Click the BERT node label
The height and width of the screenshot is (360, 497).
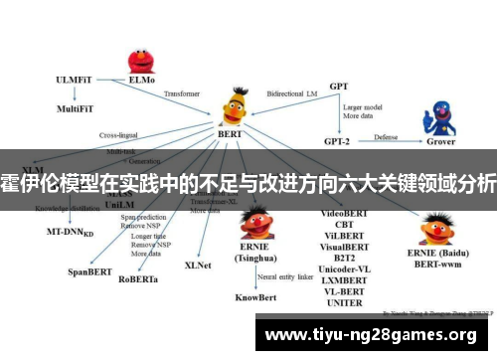point(230,132)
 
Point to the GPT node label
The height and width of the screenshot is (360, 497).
point(338,87)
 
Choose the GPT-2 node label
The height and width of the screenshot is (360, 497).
point(338,139)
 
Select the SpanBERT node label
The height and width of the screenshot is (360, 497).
point(90,270)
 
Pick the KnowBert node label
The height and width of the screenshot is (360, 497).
point(255,296)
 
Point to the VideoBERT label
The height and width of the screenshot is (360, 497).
point(346,214)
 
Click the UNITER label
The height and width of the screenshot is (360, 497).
point(345,303)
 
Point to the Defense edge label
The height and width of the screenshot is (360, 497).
point(385,136)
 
